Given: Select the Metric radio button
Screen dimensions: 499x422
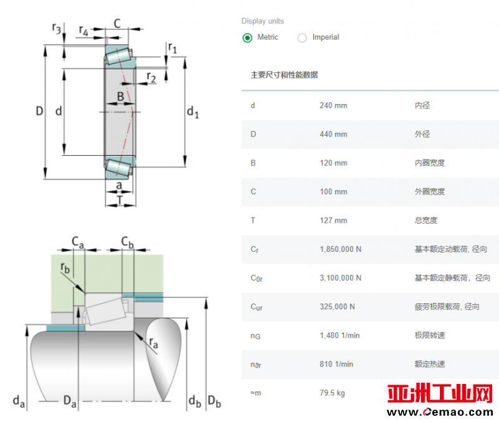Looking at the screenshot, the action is click(247, 38).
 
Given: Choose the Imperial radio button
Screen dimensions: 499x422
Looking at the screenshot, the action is click(302, 38).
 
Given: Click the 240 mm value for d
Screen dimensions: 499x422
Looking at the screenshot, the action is click(333, 105).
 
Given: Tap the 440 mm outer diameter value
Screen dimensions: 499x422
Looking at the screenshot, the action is click(333, 134).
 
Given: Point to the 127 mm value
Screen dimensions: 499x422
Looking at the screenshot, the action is click(333, 221).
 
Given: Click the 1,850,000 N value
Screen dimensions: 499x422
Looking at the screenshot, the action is click(341, 249).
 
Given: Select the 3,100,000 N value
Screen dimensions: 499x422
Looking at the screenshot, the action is click(341, 278).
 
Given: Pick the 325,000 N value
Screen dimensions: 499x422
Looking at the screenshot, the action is click(337, 307).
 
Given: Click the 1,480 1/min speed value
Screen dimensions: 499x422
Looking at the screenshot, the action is click(339, 335).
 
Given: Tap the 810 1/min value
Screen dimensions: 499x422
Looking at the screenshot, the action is click(336, 364).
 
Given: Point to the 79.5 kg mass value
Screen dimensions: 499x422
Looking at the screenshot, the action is click(332, 393).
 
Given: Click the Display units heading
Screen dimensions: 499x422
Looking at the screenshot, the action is click(263, 21).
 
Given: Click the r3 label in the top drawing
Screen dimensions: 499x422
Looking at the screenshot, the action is click(56, 28).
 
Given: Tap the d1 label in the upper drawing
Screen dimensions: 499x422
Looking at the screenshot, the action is click(193, 112).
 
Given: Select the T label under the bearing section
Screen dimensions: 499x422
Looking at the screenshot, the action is click(119, 200).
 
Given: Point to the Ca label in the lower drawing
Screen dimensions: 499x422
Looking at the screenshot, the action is click(78, 242).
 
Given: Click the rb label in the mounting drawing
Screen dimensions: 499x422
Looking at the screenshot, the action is click(65, 268).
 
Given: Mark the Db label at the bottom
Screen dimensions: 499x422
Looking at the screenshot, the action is click(214, 401).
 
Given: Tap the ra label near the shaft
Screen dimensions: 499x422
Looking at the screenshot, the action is click(153, 343).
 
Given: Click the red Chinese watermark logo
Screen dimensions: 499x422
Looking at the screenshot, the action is click(440, 393).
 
